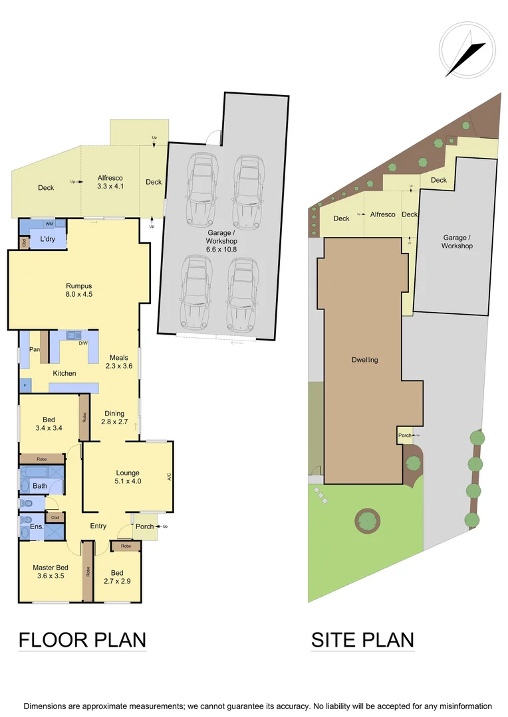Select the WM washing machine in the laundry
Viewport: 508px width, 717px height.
point(49,225)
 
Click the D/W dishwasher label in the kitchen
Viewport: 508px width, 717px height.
point(83,343)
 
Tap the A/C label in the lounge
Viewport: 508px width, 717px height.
point(170,477)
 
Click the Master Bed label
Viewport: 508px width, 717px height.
point(51,572)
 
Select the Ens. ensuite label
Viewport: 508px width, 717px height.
point(37,527)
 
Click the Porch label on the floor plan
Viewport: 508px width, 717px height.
point(144,526)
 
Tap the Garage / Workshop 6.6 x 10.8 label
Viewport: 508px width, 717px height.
point(222,240)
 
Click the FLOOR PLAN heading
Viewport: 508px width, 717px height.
point(82,640)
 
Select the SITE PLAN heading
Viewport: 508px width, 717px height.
point(362,640)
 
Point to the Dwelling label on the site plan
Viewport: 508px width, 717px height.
point(364,360)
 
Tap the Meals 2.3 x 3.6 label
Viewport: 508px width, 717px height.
point(120,361)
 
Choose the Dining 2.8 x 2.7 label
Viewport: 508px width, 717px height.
point(114,418)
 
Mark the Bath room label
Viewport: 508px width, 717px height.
point(40,486)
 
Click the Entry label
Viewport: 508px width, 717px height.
point(98,526)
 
